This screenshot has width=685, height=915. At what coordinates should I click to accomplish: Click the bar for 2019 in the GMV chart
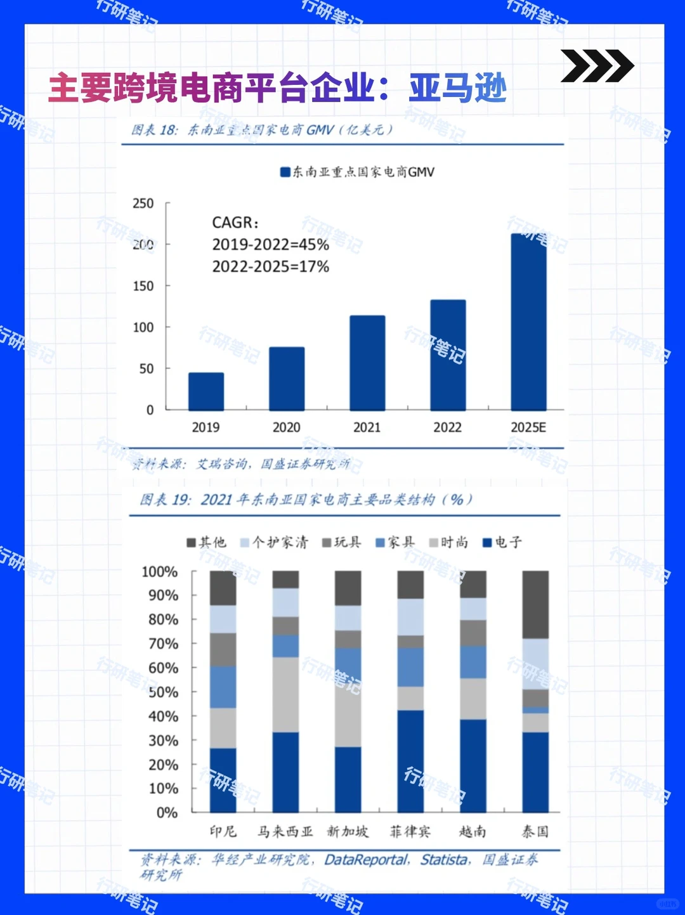(206, 391)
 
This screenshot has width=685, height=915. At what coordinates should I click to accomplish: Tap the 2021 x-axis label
(367, 427)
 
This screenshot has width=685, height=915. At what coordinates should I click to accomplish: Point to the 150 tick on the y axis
(143, 286)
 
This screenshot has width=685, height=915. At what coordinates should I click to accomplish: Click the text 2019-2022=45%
(270, 245)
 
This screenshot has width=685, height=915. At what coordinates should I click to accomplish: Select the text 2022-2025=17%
(270, 266)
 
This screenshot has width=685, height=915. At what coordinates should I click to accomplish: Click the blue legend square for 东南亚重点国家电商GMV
(285, 172)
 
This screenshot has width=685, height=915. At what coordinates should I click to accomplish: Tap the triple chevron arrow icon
(596, 65)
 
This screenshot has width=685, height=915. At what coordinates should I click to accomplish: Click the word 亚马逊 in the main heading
(458, 88)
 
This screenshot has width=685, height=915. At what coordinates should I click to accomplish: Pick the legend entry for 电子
(502, 542)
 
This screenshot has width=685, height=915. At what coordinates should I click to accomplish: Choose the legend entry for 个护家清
(274, 542)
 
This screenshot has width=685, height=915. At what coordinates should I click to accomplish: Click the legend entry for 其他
(206, 542)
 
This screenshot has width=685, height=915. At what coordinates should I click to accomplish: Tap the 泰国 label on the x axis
(535, 831)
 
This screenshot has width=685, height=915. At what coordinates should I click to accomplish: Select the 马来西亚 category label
(285, 831)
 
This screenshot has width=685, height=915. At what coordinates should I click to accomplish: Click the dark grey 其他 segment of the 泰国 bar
(535, 604)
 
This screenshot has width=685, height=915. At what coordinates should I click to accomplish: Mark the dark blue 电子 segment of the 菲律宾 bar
(410, 761)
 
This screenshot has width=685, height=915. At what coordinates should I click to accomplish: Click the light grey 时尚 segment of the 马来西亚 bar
(285, 694)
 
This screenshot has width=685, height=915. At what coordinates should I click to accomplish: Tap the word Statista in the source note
(444, 860)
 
